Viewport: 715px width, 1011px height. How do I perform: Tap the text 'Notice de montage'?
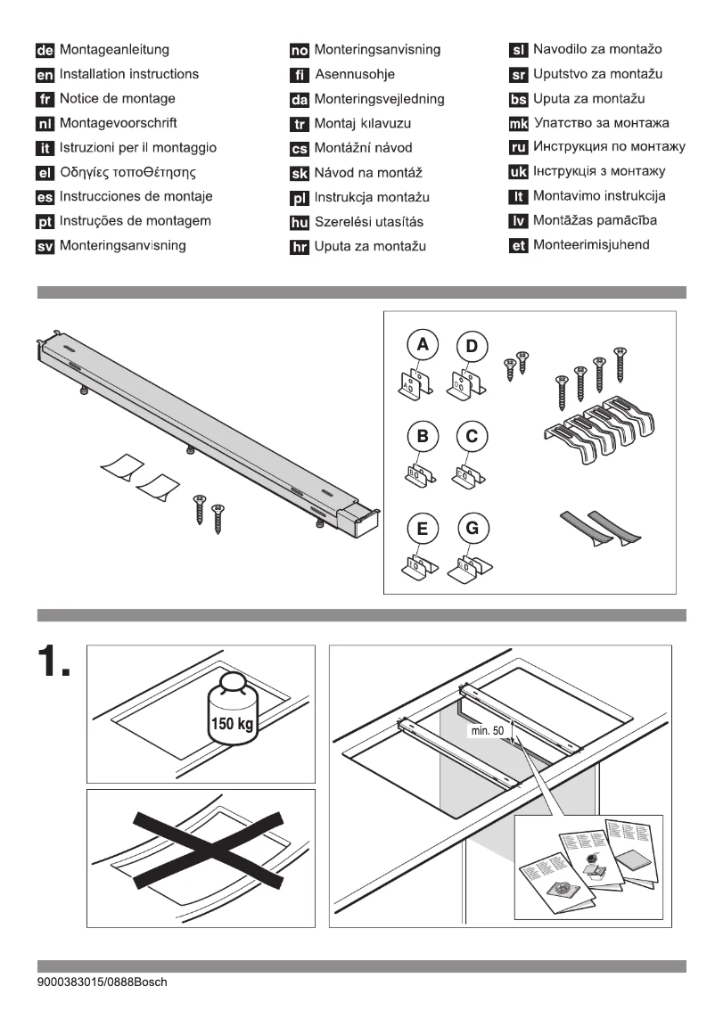coord(117,99)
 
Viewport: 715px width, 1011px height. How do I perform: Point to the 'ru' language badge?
coord(518,147)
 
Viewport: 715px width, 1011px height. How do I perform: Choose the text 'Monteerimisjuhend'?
coord(590,245)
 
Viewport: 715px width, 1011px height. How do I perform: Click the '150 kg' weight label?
coord(231,722)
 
